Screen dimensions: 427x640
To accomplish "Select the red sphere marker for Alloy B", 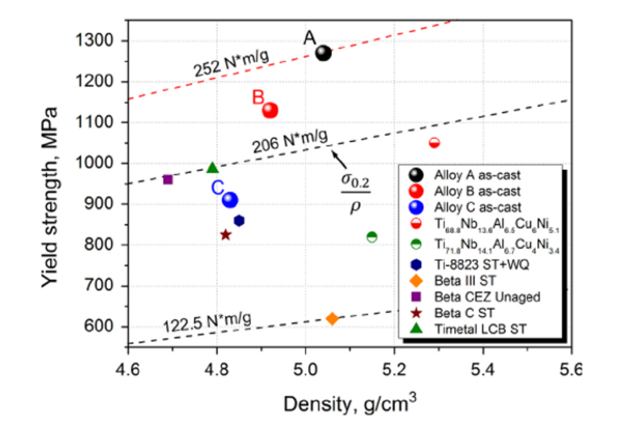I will click(x=270, y=110).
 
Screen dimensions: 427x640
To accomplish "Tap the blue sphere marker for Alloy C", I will click(x=230, y=200).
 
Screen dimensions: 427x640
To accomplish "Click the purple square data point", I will click(x=168, y=179).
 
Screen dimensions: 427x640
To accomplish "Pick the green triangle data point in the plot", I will click(x=212, y=168).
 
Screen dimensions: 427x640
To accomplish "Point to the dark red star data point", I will click(x=225, y=234).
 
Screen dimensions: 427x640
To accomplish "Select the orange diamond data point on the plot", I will click(x=332, y=318).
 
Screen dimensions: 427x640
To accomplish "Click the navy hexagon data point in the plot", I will click(x=239, y=220).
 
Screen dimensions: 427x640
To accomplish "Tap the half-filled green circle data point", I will click(x=371, y=236).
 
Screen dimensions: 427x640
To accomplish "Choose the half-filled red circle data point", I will click(x=434, y=143).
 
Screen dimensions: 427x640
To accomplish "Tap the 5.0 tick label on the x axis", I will click(x=306, y=371).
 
